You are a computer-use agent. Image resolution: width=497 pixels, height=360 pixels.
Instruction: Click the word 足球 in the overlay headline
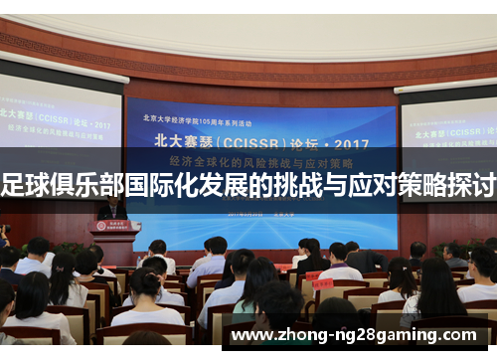pyautogui.click(x=29, y=184)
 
